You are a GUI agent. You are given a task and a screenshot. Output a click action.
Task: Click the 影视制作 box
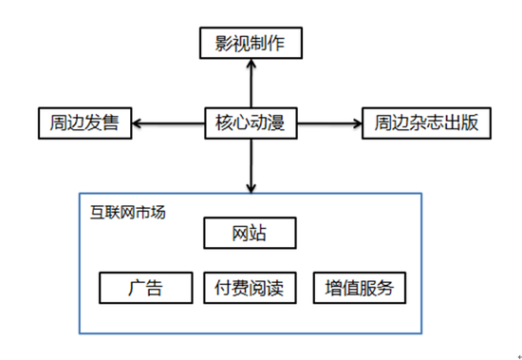click(252, 43)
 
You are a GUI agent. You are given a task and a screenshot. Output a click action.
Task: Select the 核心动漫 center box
click(252, 123)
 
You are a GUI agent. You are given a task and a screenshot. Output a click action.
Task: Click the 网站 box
click(251, 233)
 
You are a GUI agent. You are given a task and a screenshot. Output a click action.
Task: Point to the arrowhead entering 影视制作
click(252, 64)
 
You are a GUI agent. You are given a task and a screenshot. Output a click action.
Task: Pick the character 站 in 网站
click(261, 233)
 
